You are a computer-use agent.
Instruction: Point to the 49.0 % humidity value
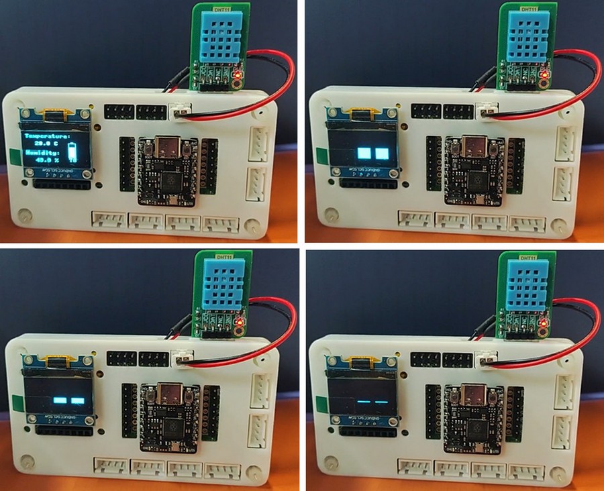[46, 161]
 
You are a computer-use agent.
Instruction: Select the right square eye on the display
[383, 153]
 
